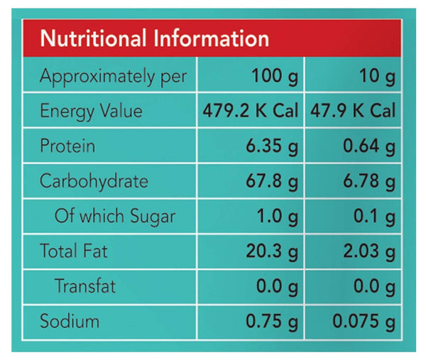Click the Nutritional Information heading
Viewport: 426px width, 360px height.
[154, 38]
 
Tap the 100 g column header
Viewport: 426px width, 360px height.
[275, 76]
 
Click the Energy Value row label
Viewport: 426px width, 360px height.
[91, 111]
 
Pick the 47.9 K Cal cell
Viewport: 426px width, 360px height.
[353, 111]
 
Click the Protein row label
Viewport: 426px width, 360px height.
[67, 146]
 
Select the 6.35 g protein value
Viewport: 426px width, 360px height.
[271, 146]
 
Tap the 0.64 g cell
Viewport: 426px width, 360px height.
[368, 146]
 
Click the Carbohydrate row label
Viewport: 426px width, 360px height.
[94, 181]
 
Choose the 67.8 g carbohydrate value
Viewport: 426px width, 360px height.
[271, 181]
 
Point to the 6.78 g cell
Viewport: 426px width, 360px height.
[368, 181]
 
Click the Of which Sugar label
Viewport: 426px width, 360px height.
[114, 216]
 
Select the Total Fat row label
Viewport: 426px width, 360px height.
[74, 251]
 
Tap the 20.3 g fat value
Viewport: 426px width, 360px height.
[271, 251]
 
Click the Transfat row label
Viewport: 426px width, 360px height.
[85, 286]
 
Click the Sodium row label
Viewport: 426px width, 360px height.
[70, 321]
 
